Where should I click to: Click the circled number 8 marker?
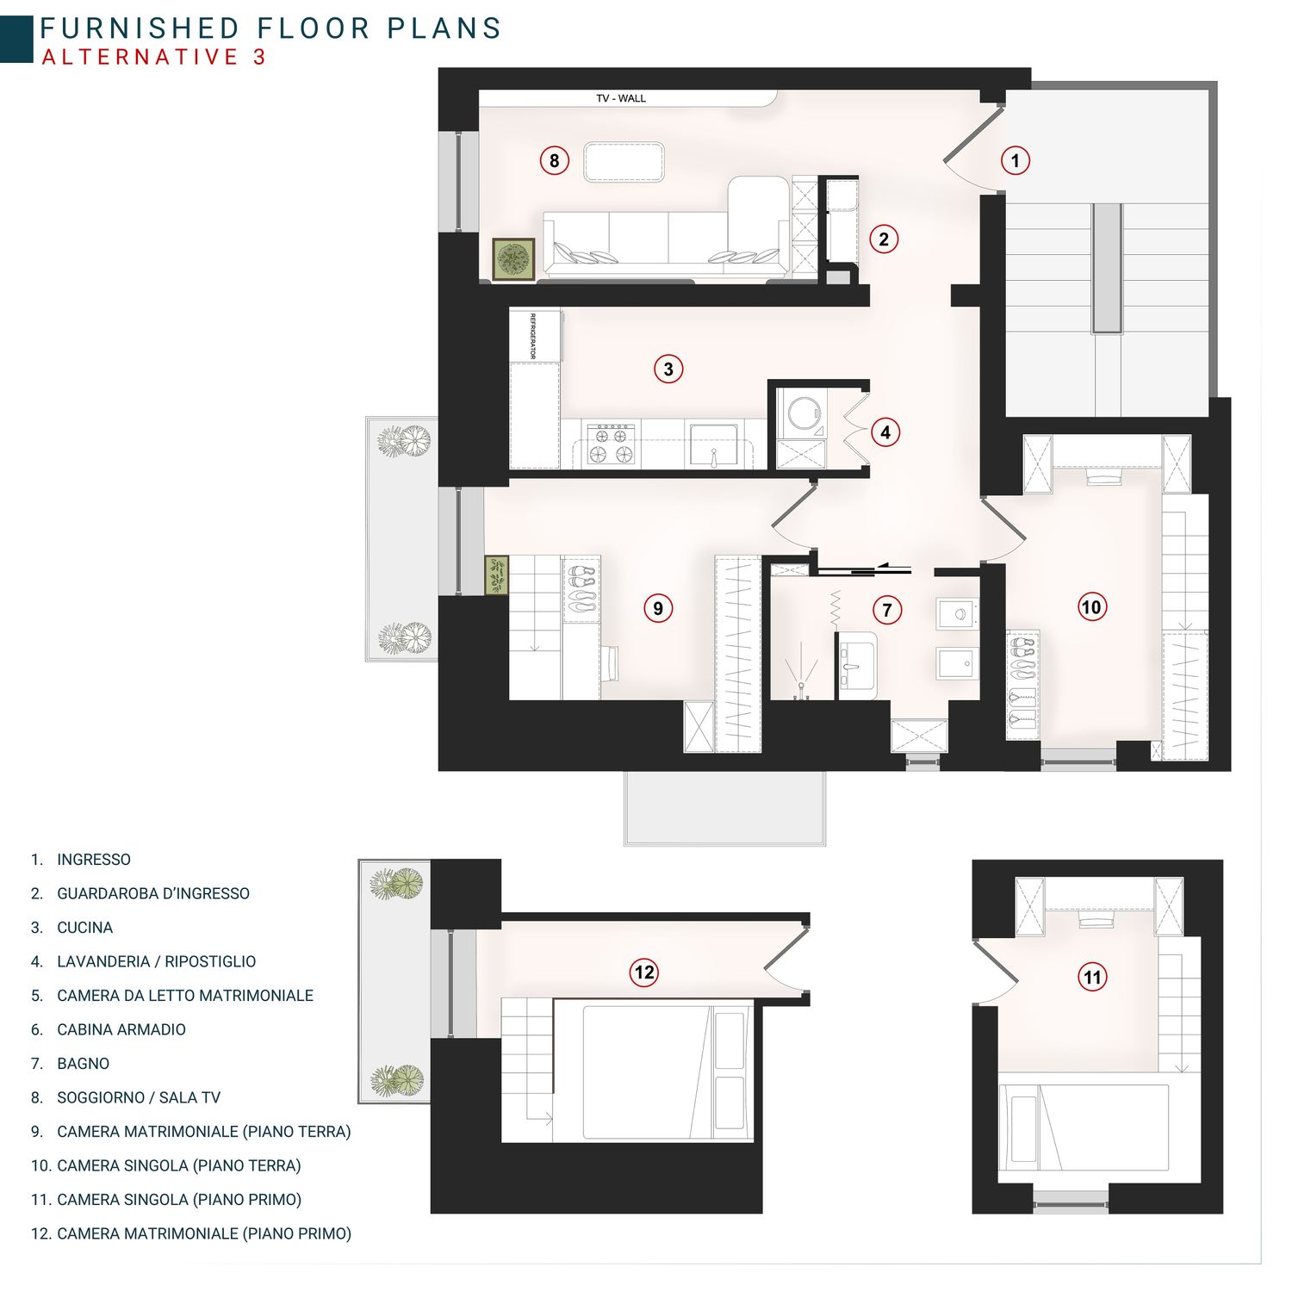click(x=554, y=160)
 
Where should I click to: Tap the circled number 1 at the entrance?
click(x=1016, y=160)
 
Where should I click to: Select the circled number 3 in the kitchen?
click(x=668, y=370)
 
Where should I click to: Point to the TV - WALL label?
click(x=621, y=98)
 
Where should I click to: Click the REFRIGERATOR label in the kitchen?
click(x=533, y=336)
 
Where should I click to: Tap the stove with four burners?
click(x=611, y=444)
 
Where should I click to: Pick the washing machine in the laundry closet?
click(x=802, y=413)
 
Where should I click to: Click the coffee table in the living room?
click(x=624, y=162)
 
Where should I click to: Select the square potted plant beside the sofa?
click(x=513, y=259)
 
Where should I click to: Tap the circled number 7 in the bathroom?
click(x=887, y=611)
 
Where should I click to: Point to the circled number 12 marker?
click(x=644, y=972)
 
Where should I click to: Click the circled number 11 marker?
click(x=1092, y=977)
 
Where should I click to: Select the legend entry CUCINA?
click(x=84, y=928)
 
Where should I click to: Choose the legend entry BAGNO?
click(x=83, y=1064)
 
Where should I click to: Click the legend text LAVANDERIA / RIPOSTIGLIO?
click(x=156, y=961)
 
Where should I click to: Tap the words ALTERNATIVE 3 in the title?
click(x=154, y=57)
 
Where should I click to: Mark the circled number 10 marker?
click(x=1090, y=607)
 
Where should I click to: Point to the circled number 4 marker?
click(x=885, y=432)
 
